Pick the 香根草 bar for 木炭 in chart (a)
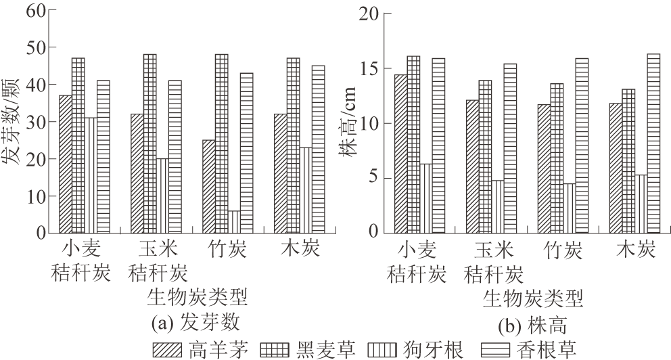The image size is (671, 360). point(318,149)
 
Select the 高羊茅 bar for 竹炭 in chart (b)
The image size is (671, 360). point(544,168)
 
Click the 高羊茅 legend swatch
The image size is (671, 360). point(168,349)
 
